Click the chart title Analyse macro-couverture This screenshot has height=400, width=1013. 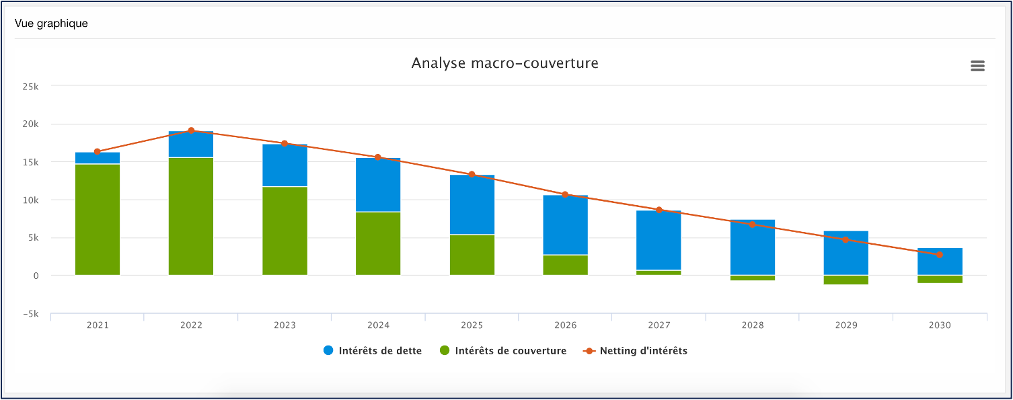504,63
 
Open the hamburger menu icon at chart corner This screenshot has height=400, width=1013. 977,65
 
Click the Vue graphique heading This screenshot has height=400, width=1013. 51,24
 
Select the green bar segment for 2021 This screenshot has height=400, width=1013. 98,220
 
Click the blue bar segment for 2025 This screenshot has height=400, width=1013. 472,205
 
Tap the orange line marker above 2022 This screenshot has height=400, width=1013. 191,130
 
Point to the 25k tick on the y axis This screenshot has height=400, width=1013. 30,87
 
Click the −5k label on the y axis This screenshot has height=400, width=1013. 28,314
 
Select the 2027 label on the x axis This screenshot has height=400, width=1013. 659,325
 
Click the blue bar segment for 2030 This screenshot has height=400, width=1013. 940,262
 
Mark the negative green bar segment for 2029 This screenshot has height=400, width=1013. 846,280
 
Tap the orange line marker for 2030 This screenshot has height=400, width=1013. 940,254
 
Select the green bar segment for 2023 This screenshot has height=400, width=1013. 285,231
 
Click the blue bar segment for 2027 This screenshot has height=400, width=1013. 659,240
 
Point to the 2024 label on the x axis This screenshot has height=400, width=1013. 378,325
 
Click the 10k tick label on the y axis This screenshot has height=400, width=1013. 30,200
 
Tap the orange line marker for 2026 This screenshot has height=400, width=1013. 565,194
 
